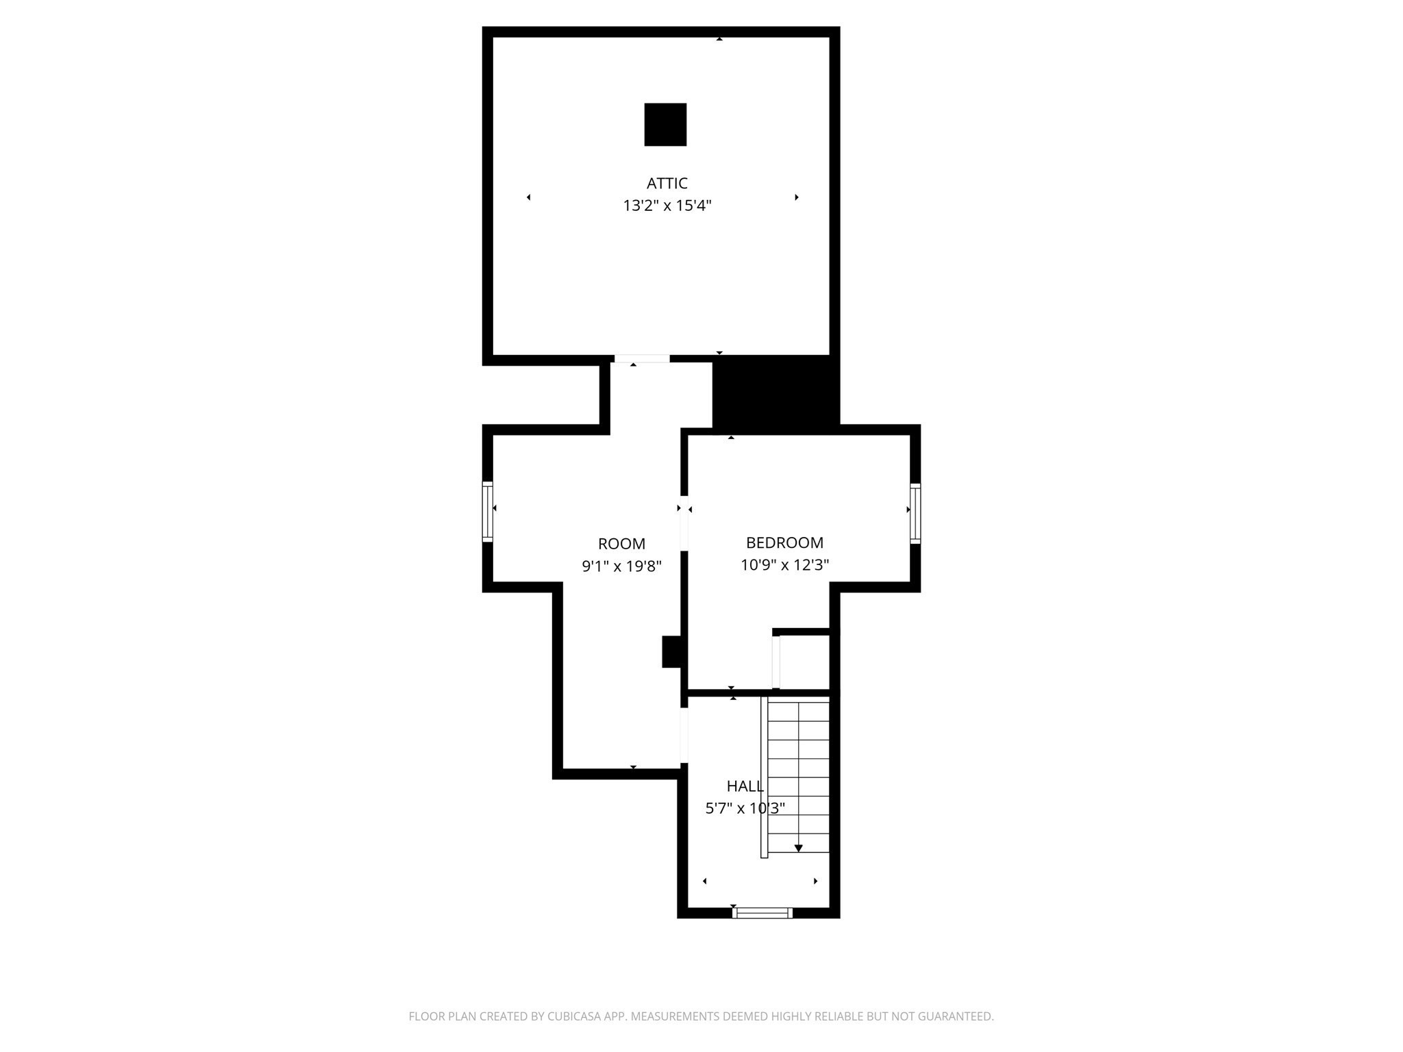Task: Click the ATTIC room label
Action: click(667, 184)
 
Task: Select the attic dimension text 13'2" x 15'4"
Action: click(667, 205)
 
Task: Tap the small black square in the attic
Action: click(665, 125)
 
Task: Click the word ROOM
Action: click(621, 544)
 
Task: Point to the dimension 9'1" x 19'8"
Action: click(621, 566)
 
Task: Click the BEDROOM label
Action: click(784, 543)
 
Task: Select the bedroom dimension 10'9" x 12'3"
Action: click(784, 565)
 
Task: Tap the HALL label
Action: click(745, 786)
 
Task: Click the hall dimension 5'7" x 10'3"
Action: click(745, 808)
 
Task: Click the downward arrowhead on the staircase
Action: click(798, 849)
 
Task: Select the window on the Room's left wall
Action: click(488, 512)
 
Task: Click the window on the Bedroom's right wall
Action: click(915, 513)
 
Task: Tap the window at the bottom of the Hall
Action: click(762, 912)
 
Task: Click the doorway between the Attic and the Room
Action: click(642, 359)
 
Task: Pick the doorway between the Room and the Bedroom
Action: click(684, 523)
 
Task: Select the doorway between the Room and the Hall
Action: click(684, 736)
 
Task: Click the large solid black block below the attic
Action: click(775, 394)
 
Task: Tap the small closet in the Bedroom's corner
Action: click(804, 662)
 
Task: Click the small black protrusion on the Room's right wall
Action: click(671, 651)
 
